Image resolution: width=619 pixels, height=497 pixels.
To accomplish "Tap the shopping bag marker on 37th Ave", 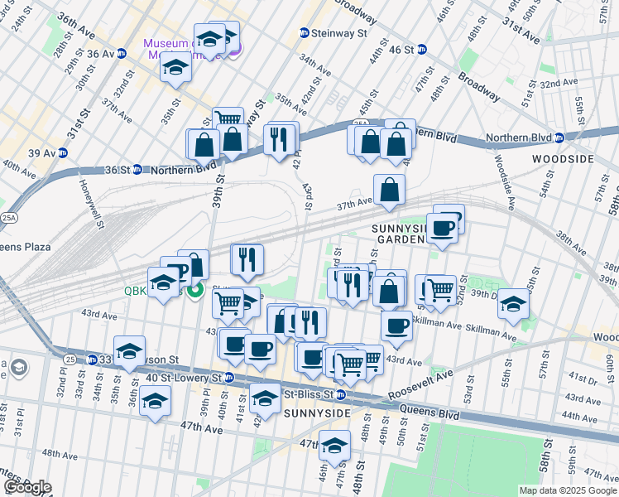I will click(x=389, y=190).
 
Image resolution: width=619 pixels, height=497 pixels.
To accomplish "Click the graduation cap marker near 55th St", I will click(x=513, y=304).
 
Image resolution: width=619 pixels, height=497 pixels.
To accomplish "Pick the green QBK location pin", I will click(x=195, y=291).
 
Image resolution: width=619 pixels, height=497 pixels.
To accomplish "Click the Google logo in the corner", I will click(x=27, y=487).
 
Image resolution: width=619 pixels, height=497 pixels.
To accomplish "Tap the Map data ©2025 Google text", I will click(x=567, y=490).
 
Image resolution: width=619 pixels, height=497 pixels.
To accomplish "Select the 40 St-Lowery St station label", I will click(x=183, y=378).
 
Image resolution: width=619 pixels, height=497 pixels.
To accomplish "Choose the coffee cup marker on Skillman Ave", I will click(x=397, y=326).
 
